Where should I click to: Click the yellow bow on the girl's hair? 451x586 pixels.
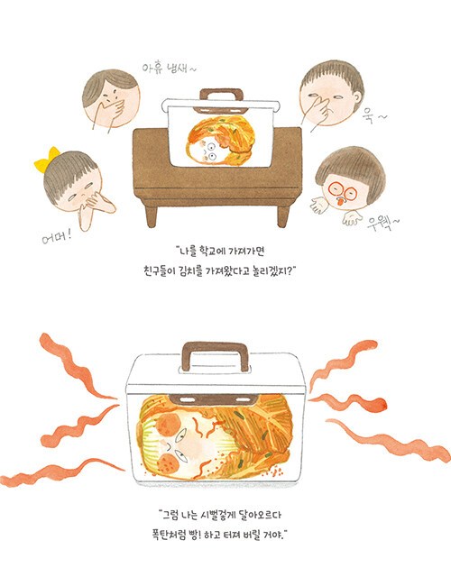coord(47,160)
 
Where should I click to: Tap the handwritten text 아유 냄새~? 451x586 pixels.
coord(169,69)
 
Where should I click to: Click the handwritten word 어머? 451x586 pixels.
coord(57,236)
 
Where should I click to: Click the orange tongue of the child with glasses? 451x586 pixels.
coord(340,202)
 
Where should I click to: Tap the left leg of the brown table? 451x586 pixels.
coord(152,215)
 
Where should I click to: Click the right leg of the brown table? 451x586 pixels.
coord(283,216)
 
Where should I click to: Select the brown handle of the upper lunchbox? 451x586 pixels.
coord(221,94)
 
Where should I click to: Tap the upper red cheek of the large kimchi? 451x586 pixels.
coord(169,424)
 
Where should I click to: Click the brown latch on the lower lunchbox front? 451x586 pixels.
coord(212,400)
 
